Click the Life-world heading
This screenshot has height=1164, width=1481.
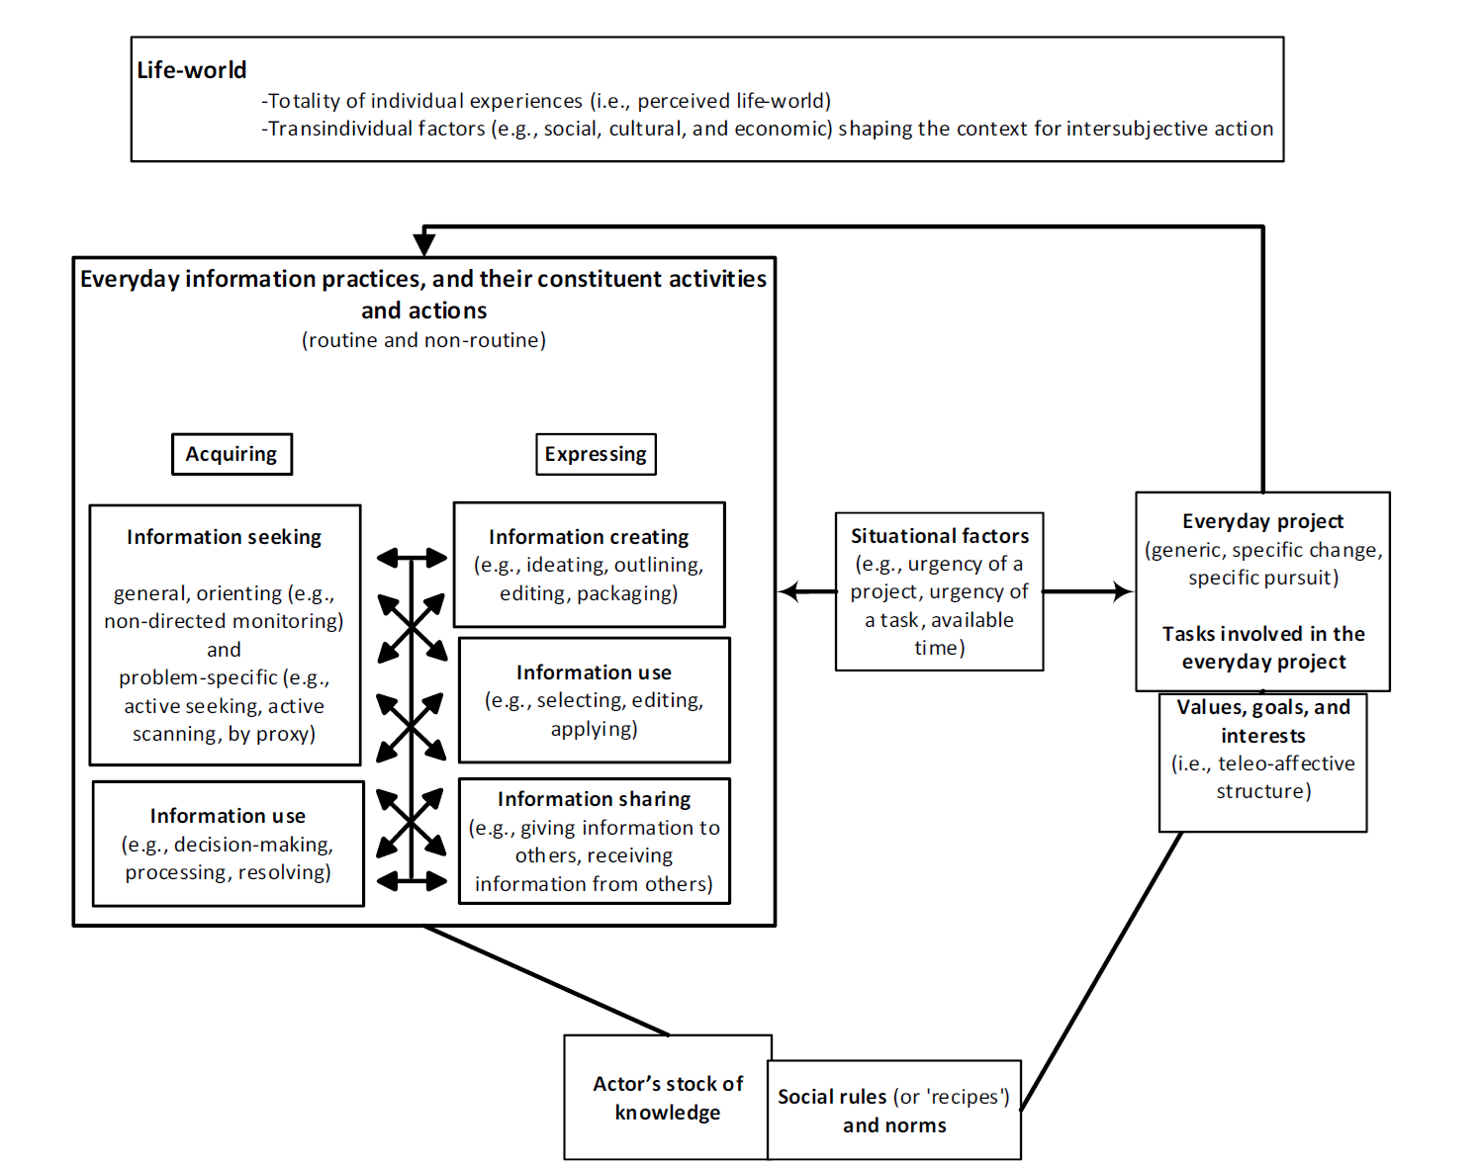tap(191, 70)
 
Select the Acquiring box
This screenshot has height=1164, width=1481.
tap(231, 454)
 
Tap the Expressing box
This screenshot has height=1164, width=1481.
tap(596, 454)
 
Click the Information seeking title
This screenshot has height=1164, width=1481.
tap(224, 537)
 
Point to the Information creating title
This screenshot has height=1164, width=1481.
tap(589, 537)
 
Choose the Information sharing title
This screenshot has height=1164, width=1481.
tap(594, 799)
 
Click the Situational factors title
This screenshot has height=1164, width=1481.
tap(940, 536)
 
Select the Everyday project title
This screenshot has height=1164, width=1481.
tap(1262, 521)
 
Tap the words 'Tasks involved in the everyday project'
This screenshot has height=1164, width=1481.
tap(1263, 648)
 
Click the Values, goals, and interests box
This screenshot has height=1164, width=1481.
tap(1262, 762)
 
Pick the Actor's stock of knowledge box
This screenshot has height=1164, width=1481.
tap(668, 1098)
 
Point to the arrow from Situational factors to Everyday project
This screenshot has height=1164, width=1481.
tap(1088, 591)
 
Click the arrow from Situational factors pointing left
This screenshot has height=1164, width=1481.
tap(808, 591)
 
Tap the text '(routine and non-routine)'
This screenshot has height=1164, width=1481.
tap(424, 340)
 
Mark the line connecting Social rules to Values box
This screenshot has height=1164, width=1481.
tap(1101, 971)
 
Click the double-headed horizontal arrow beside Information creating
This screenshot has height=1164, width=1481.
tap(412, 558)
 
